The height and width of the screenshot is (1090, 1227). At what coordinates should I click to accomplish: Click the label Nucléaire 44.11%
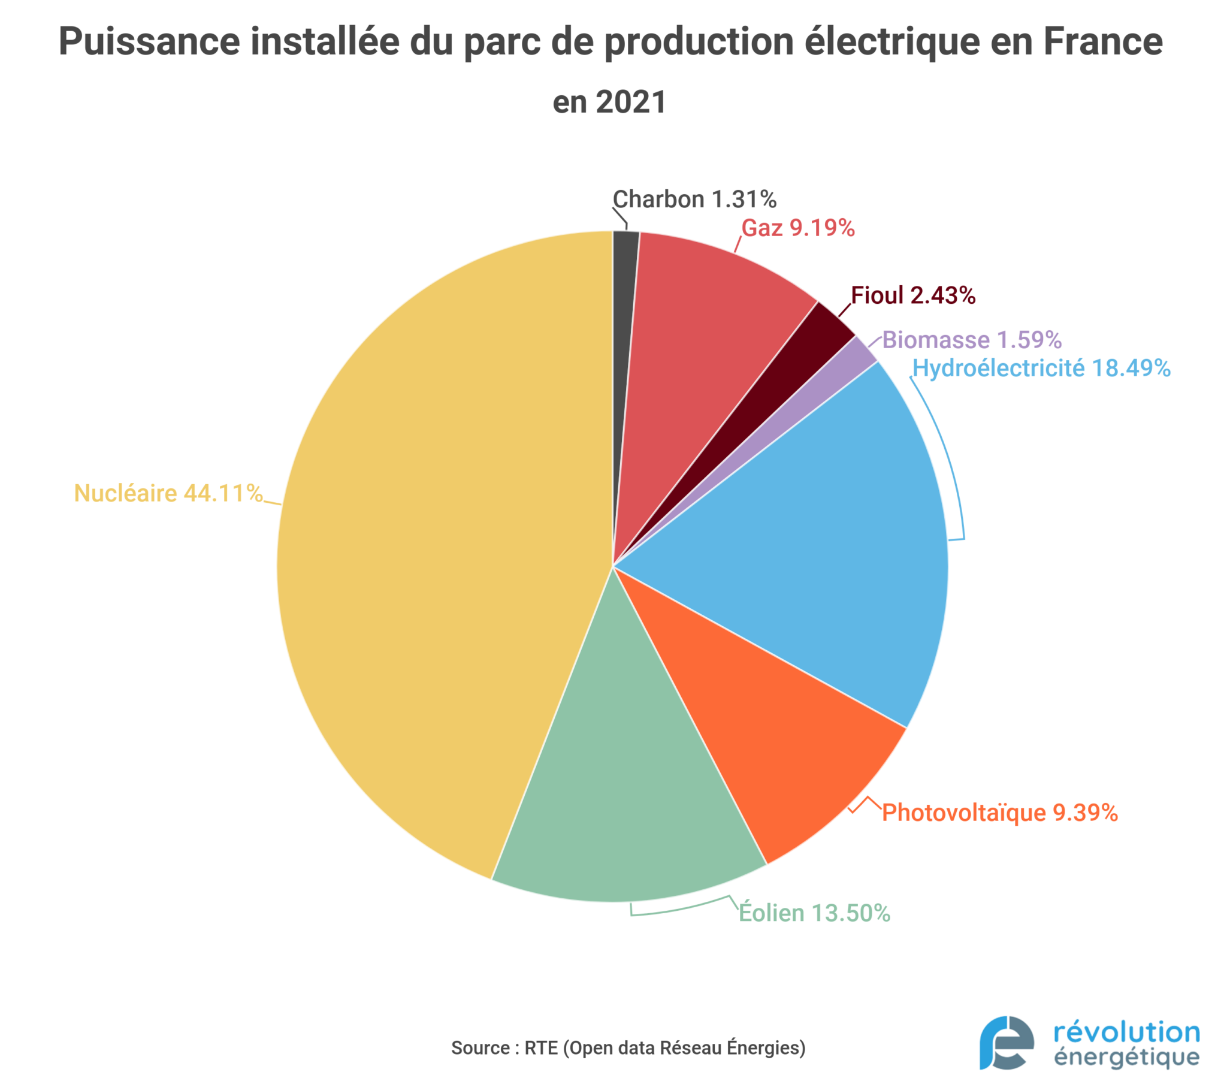(168, 493)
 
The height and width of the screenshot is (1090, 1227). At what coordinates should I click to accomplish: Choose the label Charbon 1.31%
(694, 200)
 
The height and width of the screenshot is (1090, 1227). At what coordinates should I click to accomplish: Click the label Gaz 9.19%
(797, 228)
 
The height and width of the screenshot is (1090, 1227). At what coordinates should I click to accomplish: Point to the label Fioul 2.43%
(912, 295)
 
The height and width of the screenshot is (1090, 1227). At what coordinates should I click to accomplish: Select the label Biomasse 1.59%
(971, 340)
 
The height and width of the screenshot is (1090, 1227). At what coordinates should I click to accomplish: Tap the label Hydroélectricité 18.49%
(1041, 368)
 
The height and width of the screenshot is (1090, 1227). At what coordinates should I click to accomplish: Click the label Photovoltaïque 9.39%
(999, 813)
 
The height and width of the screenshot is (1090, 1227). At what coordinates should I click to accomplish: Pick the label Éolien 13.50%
(814, 913)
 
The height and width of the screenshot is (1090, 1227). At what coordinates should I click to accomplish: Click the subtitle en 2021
(609, 102)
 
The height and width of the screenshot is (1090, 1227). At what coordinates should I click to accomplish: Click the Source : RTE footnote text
(628, 1048)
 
